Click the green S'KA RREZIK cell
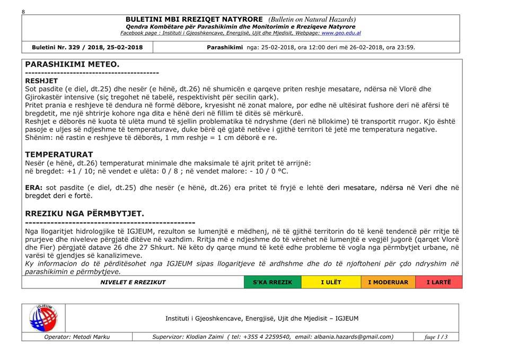coord(272,282)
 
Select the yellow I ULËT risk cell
coord(330,282)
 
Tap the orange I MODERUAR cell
coord(388,282)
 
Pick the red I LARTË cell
coord(438,282)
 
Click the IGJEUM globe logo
coord(43,318)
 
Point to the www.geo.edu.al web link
coord(341,33)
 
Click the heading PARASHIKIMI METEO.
coord(72,64)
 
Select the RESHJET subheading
coord(41,81)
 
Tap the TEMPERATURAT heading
coord(59,154)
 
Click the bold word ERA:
coord(34,188)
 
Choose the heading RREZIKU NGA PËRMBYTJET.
coord(84,213)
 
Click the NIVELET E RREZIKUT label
coord(133,282)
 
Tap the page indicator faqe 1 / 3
coord(436,337)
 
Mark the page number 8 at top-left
coord(23,12)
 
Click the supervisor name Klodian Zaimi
coord(204,337)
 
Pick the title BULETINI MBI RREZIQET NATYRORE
coord(196,20)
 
